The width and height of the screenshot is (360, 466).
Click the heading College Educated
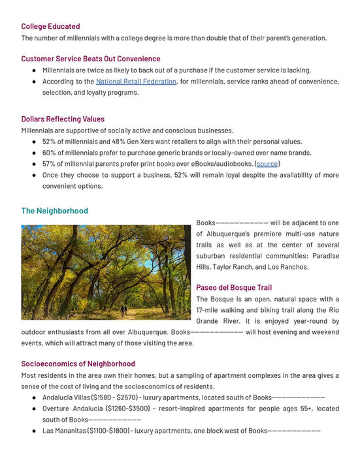click(50, 26)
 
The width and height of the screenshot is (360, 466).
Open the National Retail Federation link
click(136, 82)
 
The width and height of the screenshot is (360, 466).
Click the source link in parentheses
click(267, 164)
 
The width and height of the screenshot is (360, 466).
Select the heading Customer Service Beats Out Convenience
click(90, 59)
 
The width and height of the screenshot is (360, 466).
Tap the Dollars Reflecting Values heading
click(62, 119)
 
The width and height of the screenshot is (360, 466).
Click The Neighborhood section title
click(54, 211)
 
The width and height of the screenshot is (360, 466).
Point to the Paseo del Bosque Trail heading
click(234, 288)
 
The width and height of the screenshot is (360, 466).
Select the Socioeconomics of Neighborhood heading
click(78, 364)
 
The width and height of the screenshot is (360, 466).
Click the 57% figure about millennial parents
click(50, 164)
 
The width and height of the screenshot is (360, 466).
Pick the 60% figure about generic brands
click(50, 153)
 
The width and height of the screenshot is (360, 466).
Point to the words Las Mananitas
click(64, 431)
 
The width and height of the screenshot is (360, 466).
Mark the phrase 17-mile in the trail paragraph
click(211, 310)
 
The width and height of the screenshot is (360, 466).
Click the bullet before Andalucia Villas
click(34, 397)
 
